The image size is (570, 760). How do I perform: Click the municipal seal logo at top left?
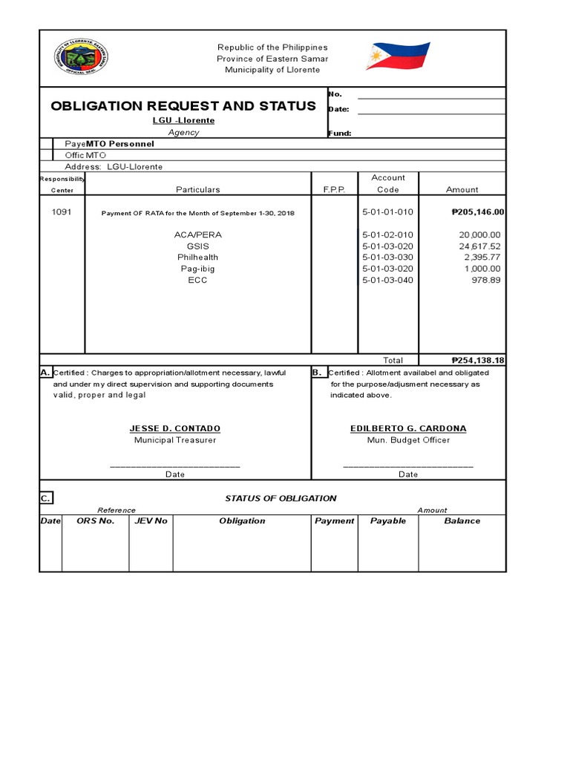[x=81, y=59]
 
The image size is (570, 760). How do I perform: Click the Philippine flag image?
[x=399, y=57]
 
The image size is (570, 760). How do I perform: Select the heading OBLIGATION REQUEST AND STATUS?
[x=183, y=105]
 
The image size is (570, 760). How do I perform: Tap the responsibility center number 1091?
[x=62, y=212]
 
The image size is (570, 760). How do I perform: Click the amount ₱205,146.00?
[x=477, y=212]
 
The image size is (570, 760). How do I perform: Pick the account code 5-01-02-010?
[x=387, y=235]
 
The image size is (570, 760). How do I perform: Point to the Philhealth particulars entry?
[x=197, y=258]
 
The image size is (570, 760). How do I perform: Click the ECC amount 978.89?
[x=486, y=280]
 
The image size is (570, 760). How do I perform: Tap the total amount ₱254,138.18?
[x=477, y=360]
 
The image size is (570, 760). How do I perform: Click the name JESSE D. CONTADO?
[x=174, y=429]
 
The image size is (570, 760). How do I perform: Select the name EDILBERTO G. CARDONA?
[x=407, y=429]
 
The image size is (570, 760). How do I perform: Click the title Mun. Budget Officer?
[x=407, y=440]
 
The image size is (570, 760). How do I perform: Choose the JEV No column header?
[x=151, y=521]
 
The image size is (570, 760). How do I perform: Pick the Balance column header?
[x=462, y=521]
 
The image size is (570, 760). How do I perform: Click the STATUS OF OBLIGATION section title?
[x=281, y=499]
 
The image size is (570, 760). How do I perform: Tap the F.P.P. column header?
[x=334, y=190]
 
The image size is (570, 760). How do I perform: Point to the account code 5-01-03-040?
[x=387, y=280]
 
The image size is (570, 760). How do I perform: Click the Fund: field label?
[x=339, y=134]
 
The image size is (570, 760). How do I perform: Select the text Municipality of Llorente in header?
[x=272, y=70]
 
